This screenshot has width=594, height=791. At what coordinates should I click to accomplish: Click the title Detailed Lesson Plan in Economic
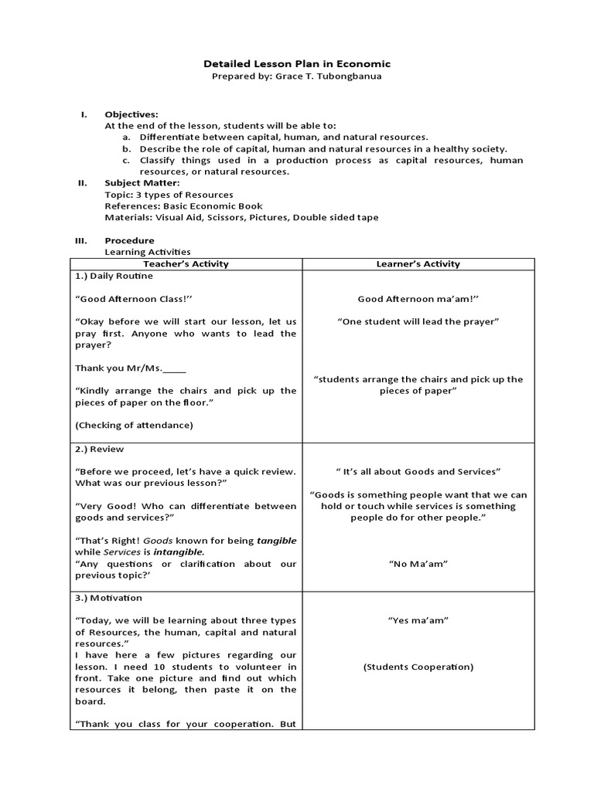(x=296, y=64)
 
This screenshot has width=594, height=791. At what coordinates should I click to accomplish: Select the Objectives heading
(x=131, y=114)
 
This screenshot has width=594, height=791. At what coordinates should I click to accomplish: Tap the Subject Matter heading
(x=142, y=183)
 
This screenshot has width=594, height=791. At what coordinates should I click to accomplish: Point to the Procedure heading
(x=129, y=240)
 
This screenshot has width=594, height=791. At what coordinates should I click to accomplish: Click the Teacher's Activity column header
(x=186, y=263)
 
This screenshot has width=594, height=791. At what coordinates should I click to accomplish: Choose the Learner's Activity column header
(x=418, y=263)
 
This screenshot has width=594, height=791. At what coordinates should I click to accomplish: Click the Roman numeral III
(x=80, y=240)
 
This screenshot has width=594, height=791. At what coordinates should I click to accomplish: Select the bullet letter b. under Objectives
(x=125, y=148)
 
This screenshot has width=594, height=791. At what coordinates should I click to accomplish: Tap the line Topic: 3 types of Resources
(x=169, y=195)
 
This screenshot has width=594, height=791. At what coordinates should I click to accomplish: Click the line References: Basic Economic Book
(x=183, y=206)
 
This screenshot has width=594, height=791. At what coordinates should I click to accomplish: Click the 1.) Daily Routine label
(x=114, y=276)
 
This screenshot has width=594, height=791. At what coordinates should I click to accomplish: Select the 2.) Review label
(x=99, y=449)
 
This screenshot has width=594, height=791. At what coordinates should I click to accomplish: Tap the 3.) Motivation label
(x=108, y=598)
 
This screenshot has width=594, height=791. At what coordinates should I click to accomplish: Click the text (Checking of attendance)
(x=134, y=425)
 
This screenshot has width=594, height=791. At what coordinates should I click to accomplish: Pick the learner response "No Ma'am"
(x=418, y=564)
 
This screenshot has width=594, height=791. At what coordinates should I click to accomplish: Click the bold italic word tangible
(x=276, y=541)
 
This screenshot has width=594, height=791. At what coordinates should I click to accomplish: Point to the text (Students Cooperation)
(x=418, y=667)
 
